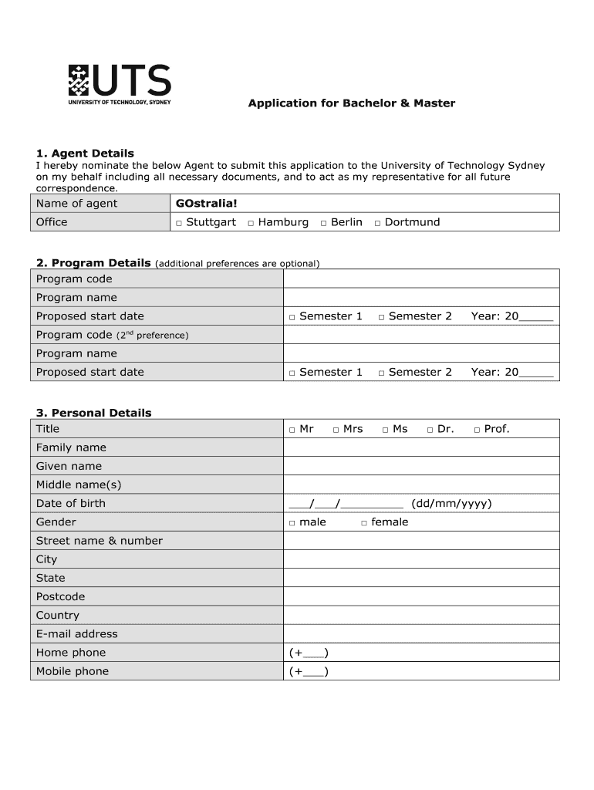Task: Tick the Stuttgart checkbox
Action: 178,223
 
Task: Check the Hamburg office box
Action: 251,223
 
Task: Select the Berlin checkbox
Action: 323,223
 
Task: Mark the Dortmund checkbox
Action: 377,223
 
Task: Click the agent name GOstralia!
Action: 207,203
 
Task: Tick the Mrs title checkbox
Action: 336,430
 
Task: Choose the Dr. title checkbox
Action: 430,430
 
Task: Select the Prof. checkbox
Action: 477,430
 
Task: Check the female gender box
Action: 363,523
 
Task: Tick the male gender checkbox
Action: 292,523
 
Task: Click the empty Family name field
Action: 421,447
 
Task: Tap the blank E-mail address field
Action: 421,634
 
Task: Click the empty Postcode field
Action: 421,596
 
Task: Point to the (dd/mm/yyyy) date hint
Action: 451,504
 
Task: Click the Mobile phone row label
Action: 73,671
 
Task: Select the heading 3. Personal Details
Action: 93,413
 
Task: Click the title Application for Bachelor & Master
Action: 351,103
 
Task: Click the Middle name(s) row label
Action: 79,484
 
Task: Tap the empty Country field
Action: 421,615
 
